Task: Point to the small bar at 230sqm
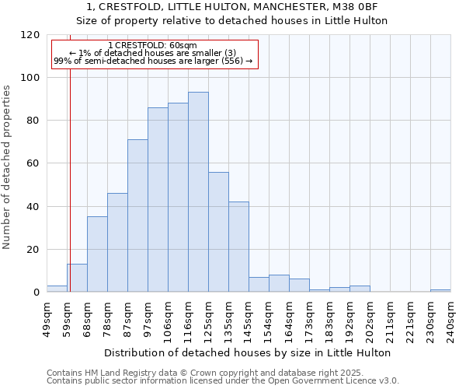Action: click(440, 290)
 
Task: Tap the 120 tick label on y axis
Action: click(30, 35)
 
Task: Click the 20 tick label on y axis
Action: click(33, 250)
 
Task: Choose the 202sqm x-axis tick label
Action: click(370, 320)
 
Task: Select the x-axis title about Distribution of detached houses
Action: click(249, 352)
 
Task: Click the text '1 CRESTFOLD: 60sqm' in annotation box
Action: click(153, 46)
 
